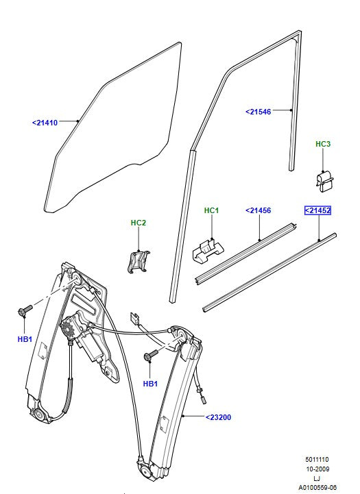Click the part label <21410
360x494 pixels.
pos(45,123)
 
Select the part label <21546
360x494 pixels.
pos(259,111)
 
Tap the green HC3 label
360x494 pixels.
pos(323,144)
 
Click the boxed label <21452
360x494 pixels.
pos(318,211)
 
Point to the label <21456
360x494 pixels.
pos(259,211)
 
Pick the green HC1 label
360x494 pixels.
pos(211,210)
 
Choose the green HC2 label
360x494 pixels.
pos(139,223)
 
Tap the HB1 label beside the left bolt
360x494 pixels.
pos(25,339)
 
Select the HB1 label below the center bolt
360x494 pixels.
pos(150,384)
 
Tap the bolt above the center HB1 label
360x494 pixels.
pos(150,356)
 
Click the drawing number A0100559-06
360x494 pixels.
pos(317,487)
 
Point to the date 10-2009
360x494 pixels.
pos(317,469)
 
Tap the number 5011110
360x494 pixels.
pos(317,460)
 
